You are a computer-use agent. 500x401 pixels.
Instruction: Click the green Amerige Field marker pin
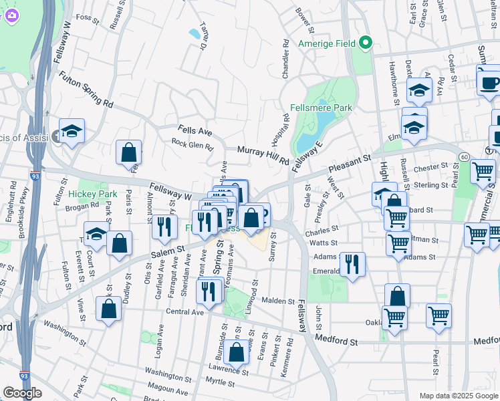pos(365,44)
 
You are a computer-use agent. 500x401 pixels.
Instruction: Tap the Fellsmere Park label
pos(322,108)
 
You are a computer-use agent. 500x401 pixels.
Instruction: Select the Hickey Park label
pos(93,194)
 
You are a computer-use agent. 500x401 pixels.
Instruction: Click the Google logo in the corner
pos(22,393)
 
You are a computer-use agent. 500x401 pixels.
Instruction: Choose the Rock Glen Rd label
pos(192,144)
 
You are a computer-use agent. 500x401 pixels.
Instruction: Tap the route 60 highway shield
pos(463,156)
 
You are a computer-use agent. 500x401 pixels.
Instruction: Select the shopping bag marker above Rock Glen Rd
pos(128,152)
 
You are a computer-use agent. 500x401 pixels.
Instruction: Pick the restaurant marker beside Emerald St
pos(352,264)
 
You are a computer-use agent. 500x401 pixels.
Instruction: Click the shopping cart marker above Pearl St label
pos(439,316)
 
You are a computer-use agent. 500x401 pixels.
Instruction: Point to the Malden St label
pos(278,302)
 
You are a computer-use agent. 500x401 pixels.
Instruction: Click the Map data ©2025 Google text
pos(459,396)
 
